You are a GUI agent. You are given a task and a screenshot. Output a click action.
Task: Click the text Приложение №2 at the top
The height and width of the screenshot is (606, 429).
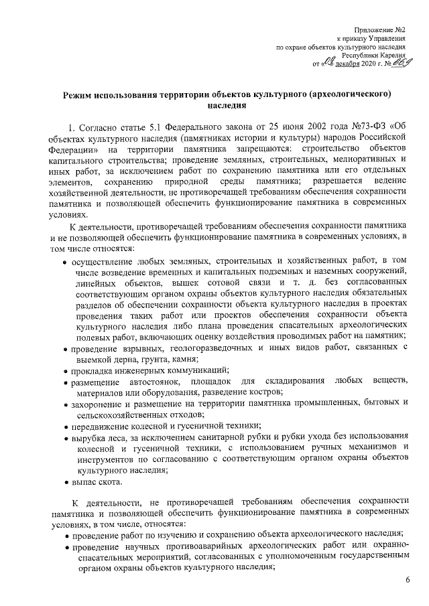[x=383, y=29]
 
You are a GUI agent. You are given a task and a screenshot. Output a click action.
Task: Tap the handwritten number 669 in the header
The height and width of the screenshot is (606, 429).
[x=404, y=64]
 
